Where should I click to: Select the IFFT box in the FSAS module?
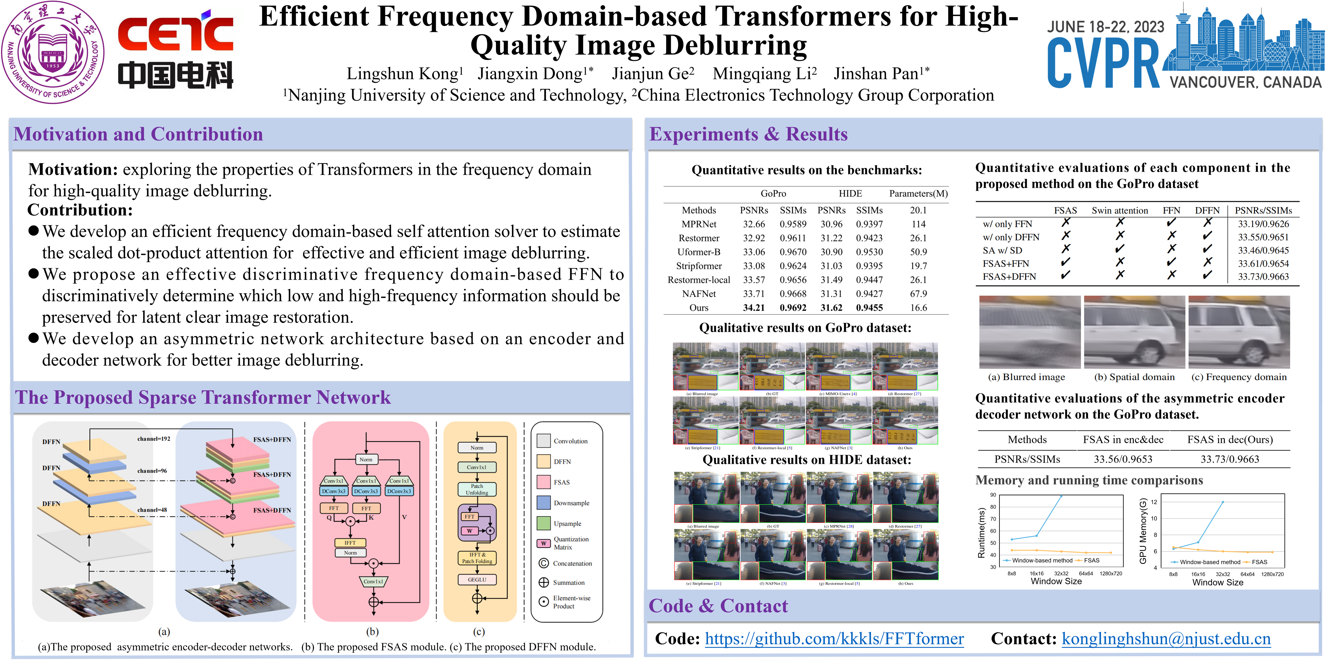coord(350,543)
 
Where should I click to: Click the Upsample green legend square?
coord(544,523)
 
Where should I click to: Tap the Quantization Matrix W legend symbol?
coord(544,543)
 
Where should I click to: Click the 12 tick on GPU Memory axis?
coord(1154,502)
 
